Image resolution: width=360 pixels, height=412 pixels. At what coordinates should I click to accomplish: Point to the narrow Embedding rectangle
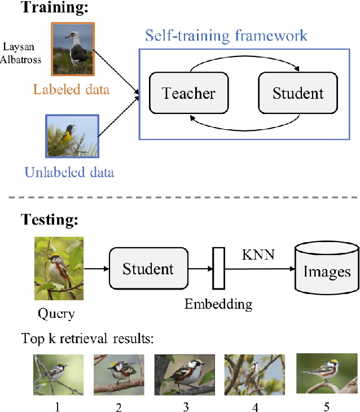(218, 268)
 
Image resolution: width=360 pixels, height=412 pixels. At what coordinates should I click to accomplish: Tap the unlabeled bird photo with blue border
(71, 135)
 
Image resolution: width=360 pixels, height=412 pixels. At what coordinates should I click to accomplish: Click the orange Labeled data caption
(72, 89)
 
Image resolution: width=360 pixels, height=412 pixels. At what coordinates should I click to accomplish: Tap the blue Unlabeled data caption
(70, 172)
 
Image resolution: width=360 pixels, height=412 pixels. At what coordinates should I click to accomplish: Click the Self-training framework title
(226, 36)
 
